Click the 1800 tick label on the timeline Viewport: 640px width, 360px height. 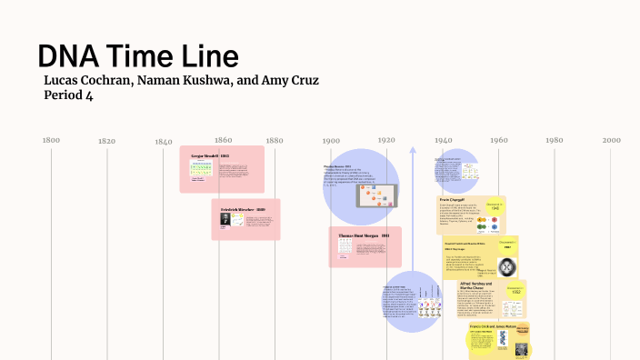click(x=51, y=140)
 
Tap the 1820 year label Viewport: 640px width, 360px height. click(x=106, y=141)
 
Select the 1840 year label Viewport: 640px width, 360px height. click(x=163, y=141)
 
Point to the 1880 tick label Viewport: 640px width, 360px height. click(x=274, y=140)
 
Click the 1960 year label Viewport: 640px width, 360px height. click(x=498, y=140)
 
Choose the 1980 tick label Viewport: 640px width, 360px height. click(x=554, y=140)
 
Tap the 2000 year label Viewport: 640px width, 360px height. click(x=610, y=140)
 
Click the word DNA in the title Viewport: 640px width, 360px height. click(x=72, y=56)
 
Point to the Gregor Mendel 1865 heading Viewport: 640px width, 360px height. click(x=210, y=155)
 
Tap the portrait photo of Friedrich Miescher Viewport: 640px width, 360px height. click(x=225, y=219)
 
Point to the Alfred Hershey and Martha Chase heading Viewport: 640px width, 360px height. click(x=476, y=287)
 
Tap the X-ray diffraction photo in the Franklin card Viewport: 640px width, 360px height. click(x=507, y=267)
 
